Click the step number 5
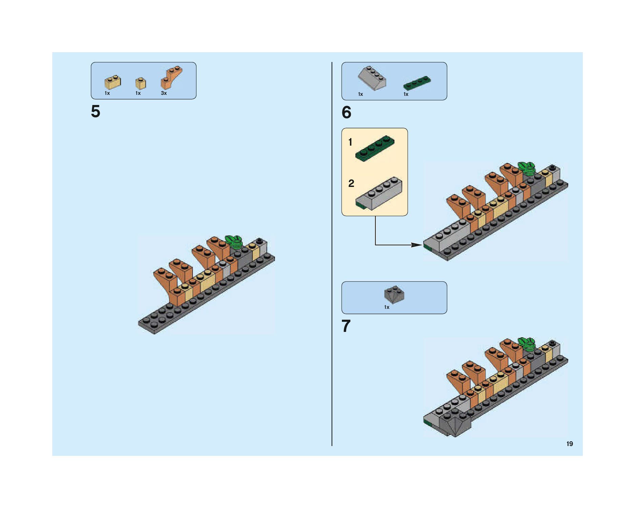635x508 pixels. point(96,111)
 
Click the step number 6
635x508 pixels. point(346,112)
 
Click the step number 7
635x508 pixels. point(346,326)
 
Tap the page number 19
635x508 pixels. point(570,444)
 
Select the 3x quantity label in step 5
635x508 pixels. point(164,93)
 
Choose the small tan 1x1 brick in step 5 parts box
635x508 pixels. point(141,83)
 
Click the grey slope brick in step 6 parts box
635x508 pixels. point(372,78)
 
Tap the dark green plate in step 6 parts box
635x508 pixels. point(417,83)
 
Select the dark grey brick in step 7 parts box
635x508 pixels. point(394,294)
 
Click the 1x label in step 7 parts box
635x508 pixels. point(387,307)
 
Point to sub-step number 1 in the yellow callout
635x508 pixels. point(350,142)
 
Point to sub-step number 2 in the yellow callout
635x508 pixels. point(351,184)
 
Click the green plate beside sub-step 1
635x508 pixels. point(375,148)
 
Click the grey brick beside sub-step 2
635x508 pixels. point(379,193)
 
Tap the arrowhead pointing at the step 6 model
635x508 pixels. point(417,245)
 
